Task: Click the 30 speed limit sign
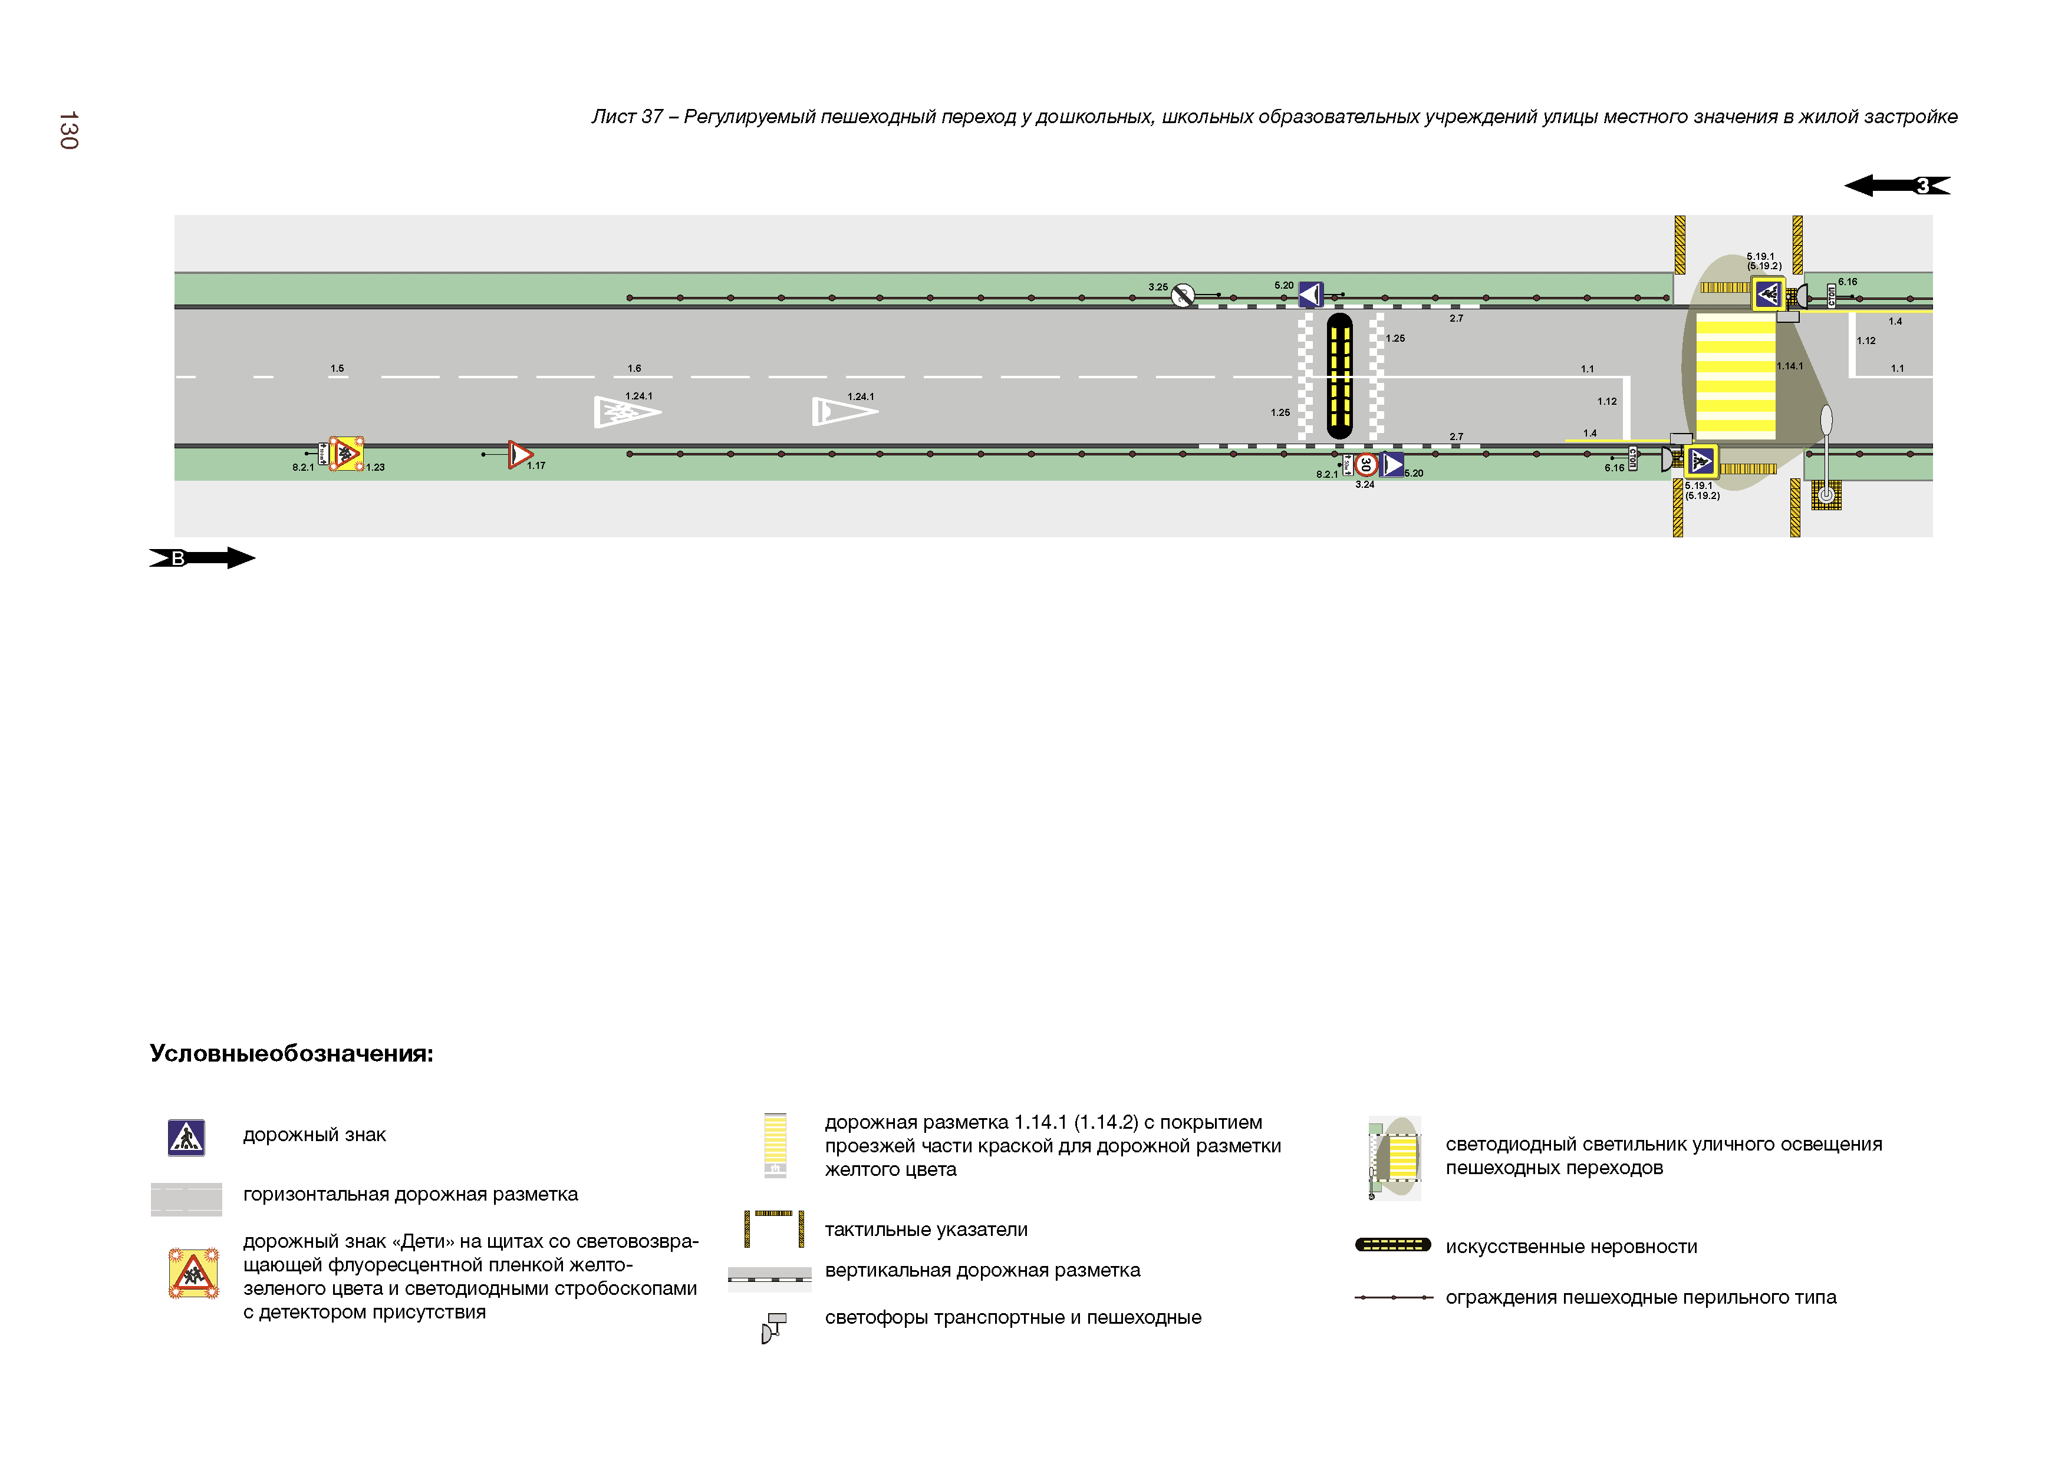tap(1365, 464)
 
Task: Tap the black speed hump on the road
tap(1339, 376)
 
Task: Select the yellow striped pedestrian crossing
tap(1735, 376)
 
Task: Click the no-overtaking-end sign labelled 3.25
tap(1183, 295)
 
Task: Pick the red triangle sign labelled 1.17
tap(520, 455)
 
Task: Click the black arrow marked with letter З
tap(1896, 186)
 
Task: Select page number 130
tap(68, 131)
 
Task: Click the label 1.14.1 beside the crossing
tap(1790, 366)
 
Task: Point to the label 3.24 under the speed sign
tap(1365, 484)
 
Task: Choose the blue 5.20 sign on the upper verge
tap(1310, 295)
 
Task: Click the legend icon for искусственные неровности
tap(1392, 1245)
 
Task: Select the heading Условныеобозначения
tap(291, 1053)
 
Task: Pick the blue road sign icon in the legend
tap(186, 1138)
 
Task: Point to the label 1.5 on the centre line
tap(337, 368)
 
